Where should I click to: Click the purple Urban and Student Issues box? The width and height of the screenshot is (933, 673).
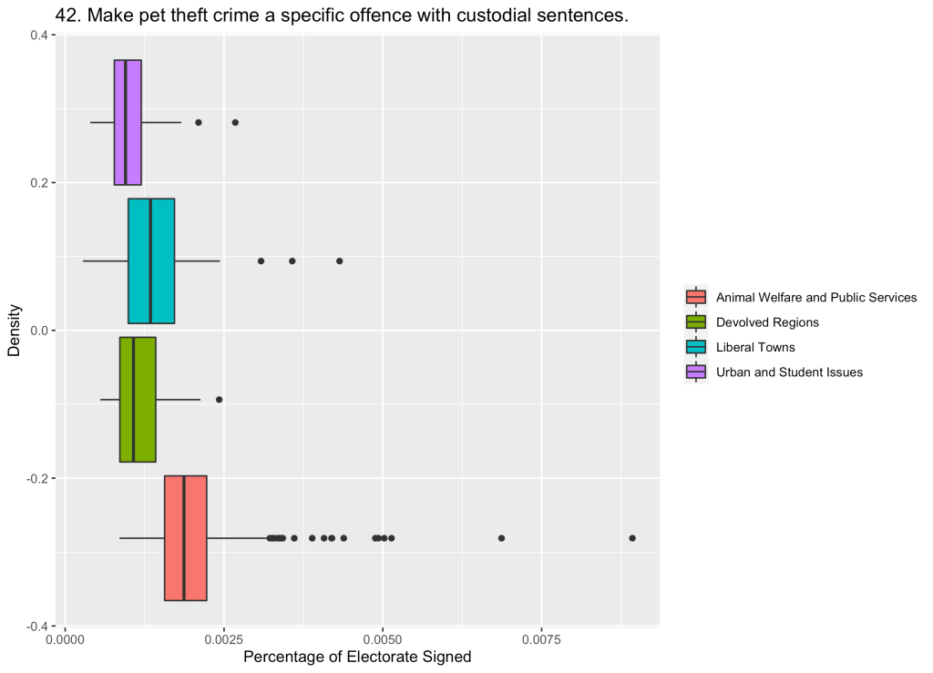[x=128, y=122]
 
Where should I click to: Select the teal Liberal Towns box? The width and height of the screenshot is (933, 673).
[x=151, y=260]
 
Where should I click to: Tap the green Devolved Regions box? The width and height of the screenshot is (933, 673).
[x=138, y=399]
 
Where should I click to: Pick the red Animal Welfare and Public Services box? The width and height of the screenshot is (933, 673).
[x=185, y=537]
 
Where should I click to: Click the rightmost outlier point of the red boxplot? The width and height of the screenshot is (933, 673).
[x=632, y=537]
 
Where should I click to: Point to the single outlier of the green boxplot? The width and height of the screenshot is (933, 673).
[x=219, y=399]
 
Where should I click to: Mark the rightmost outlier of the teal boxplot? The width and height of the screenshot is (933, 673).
[x=339, y=260]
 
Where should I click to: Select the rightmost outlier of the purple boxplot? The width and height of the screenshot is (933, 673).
[x=235, y=122]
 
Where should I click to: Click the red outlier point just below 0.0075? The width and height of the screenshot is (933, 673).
[x=501, y=537]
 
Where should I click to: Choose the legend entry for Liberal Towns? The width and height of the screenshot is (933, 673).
[x=755, y=347]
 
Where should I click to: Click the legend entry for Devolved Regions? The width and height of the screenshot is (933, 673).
[x=767, y=322]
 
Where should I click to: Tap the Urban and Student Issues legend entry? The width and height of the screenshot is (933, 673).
[x=789, y=372]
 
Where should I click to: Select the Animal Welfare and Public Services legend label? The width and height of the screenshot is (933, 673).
[x=816, y=298]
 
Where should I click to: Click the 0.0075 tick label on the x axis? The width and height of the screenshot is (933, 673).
[x=542, y=640]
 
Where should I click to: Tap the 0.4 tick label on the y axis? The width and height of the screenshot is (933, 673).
[x=40, y=36]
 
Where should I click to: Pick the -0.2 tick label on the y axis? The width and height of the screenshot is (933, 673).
[x=38, y=478]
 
